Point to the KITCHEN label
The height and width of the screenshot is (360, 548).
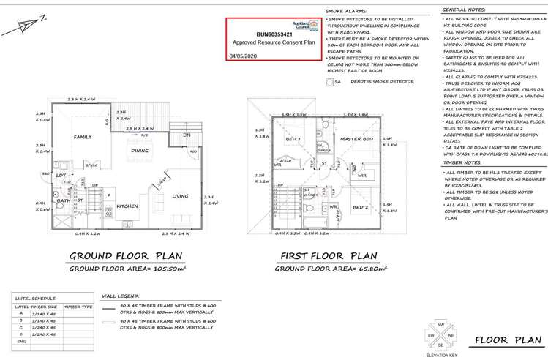(127, 206)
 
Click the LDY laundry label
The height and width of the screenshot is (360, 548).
(61, 176)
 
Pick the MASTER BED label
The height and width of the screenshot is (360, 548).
(358, 139)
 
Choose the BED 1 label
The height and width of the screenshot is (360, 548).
(293, 139)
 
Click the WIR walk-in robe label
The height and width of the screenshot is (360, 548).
(361, 176)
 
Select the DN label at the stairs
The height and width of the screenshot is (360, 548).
(186, 136)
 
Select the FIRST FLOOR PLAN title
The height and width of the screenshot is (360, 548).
(329, 256)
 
